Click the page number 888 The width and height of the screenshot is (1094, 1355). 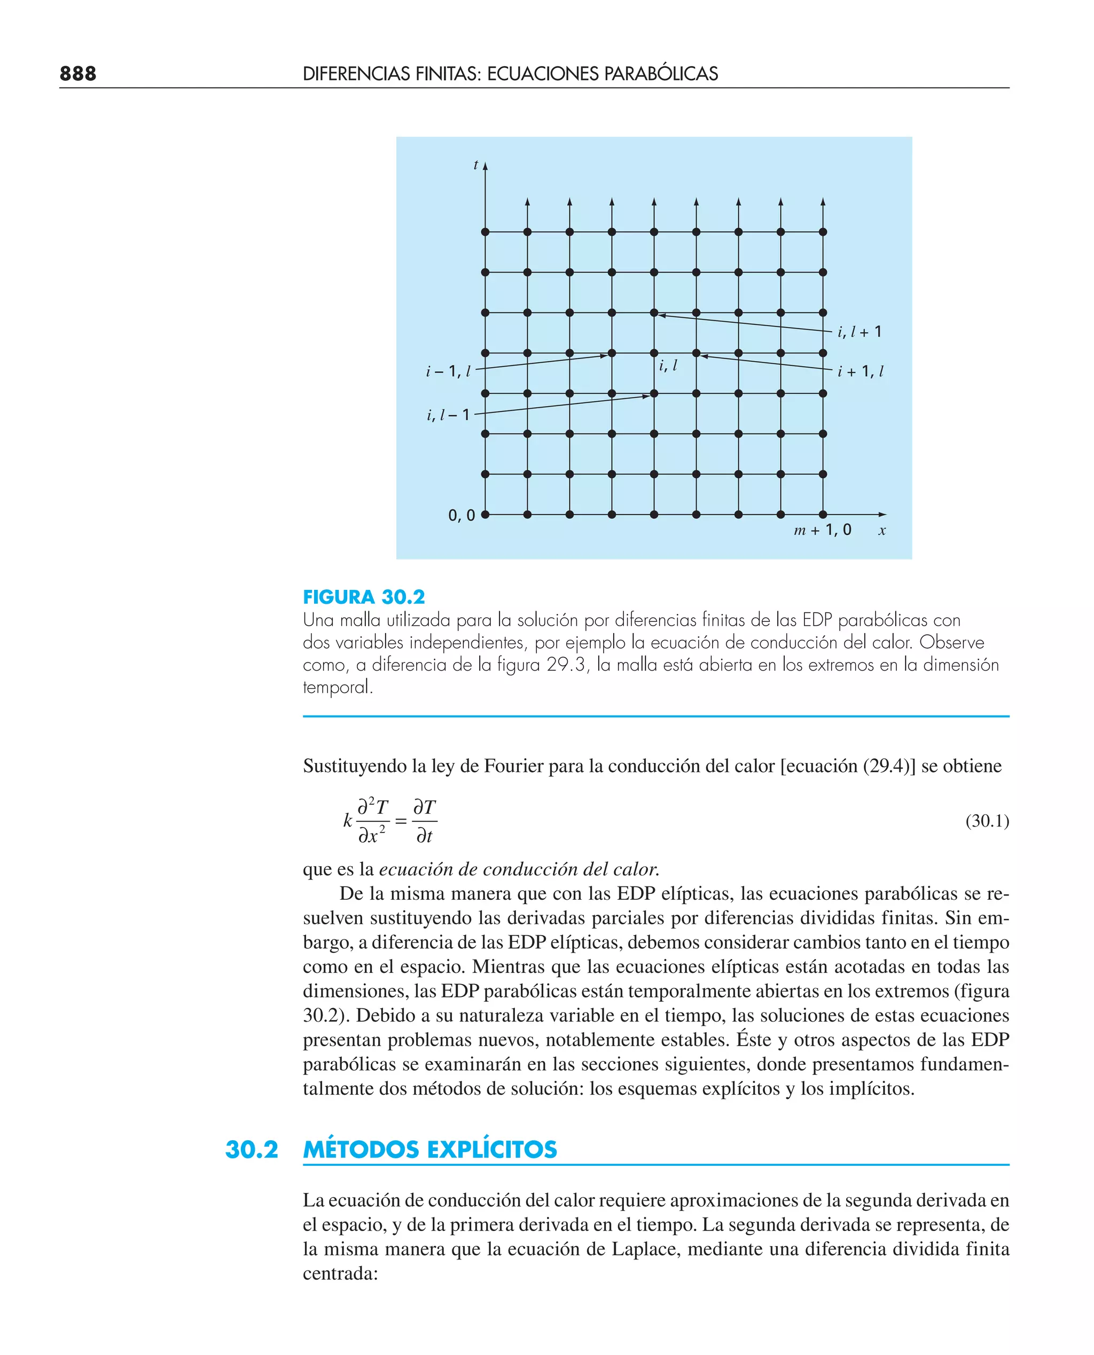point(77,74)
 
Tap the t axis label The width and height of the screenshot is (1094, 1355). point(476,165)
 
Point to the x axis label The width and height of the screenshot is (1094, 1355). point(881,531)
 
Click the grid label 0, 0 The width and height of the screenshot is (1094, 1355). point(462,516)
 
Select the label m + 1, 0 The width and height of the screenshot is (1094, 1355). point(823,530)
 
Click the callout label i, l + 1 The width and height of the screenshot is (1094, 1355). point(859,332)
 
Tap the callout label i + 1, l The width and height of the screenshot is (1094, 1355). point(860,372)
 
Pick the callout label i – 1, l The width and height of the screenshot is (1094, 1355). point(448,372)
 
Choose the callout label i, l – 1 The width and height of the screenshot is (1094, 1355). point(448,415)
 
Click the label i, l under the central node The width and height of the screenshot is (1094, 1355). point(668,365)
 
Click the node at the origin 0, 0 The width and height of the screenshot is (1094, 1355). point(485,515)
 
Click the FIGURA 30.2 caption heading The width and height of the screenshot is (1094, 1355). point(364,597)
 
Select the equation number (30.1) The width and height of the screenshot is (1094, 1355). point(987,821)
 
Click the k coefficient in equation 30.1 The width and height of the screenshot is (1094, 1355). point(347,821)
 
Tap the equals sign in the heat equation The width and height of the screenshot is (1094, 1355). point(401,822)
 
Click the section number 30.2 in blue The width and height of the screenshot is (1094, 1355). point(252,1149)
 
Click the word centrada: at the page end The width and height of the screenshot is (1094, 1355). point(340,1274)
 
